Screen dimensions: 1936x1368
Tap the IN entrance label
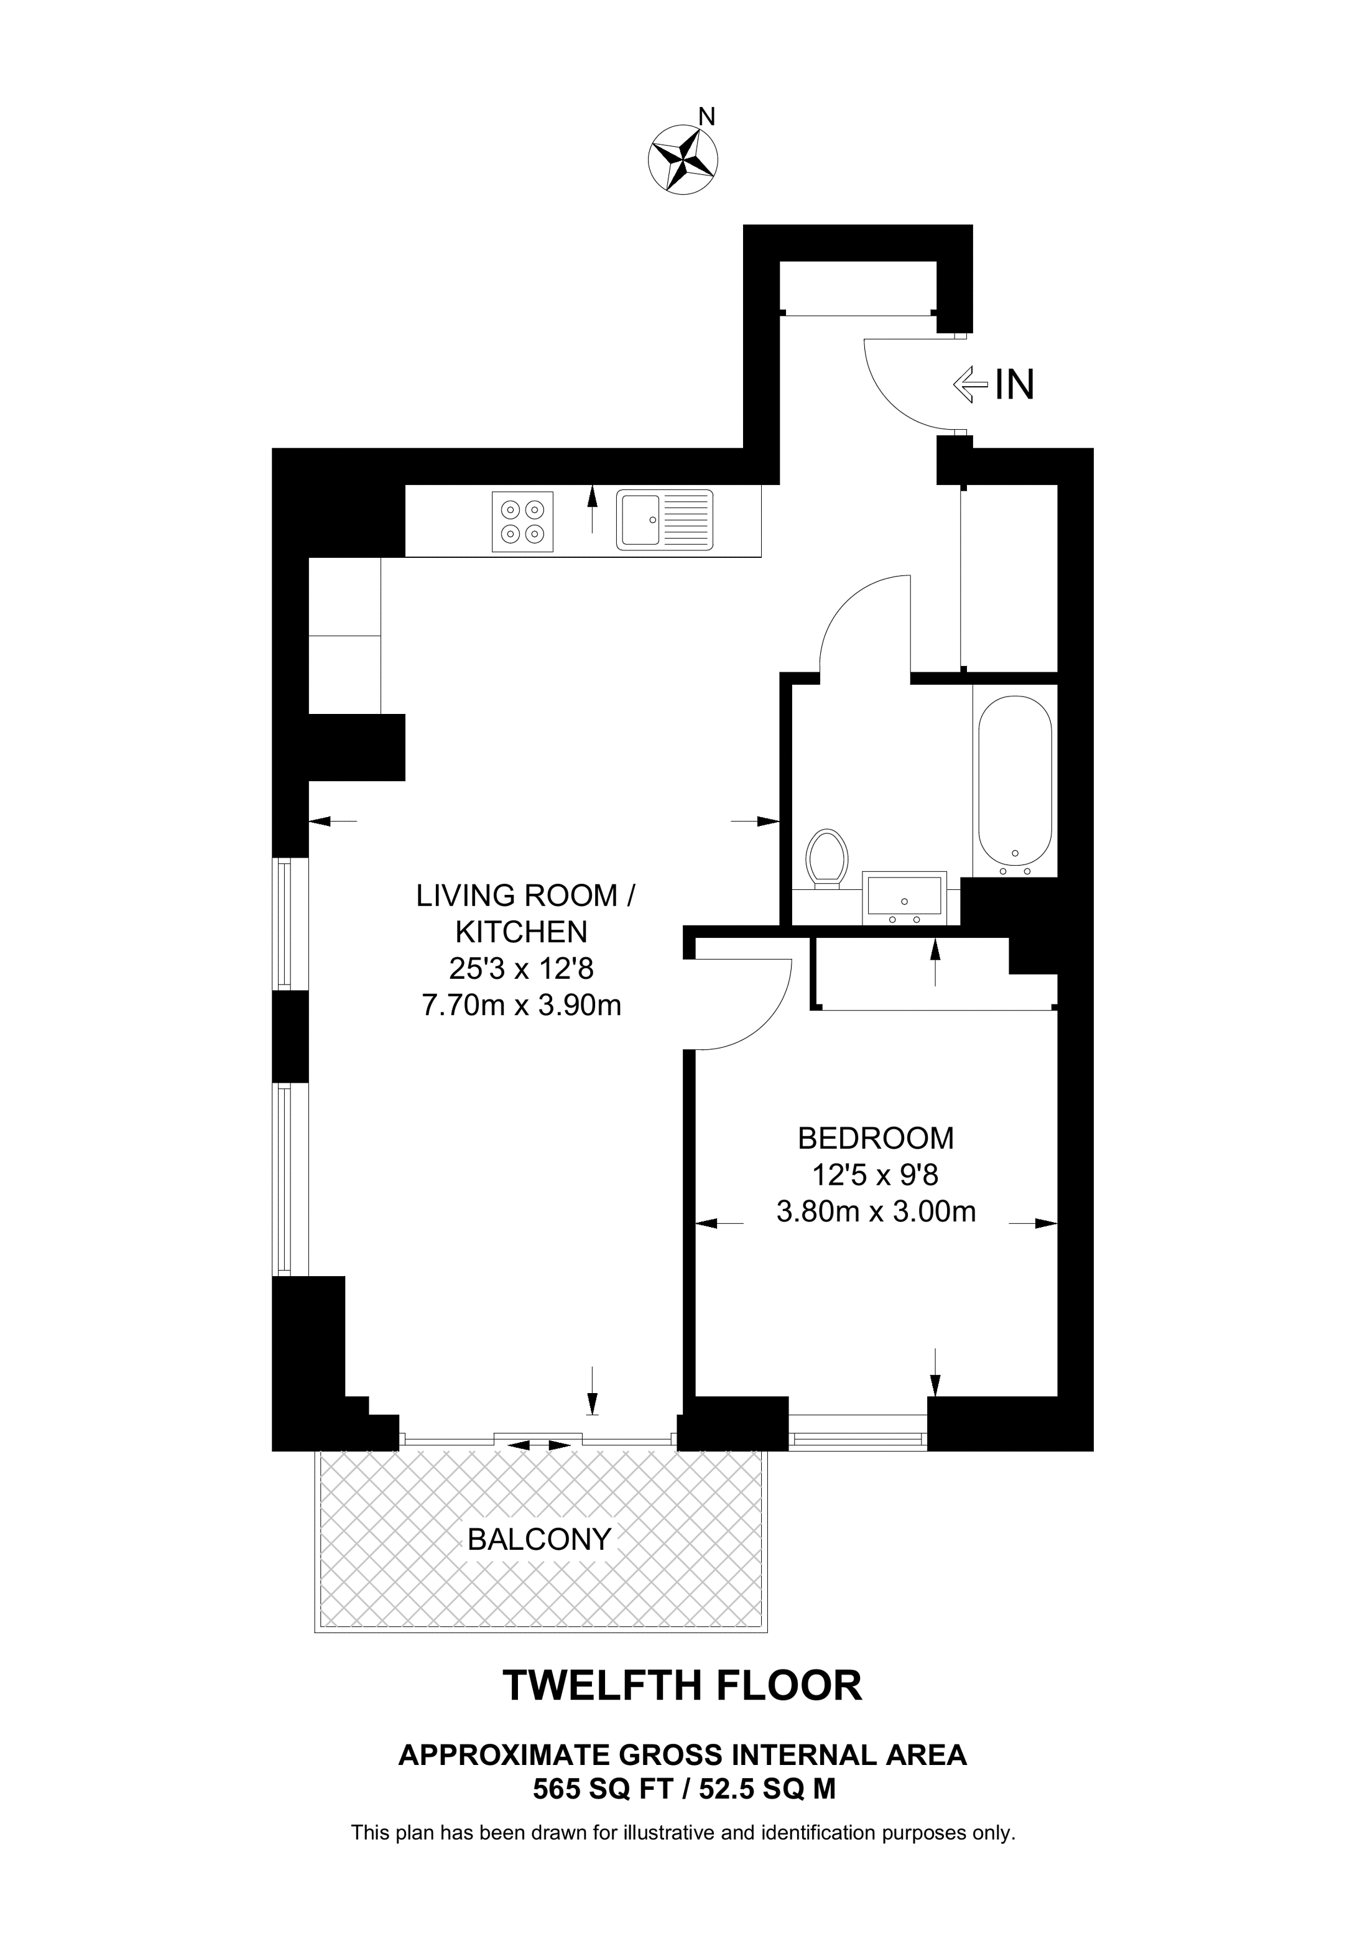pos(1014,386)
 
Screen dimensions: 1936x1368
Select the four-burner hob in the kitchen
pos(522,522)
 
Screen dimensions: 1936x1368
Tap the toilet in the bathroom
pos(826,857)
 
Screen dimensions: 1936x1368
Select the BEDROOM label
pos(875,1138)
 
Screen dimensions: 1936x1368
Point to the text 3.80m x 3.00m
pos(875,1211)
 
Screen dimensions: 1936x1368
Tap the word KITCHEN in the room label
pos(521,932)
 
